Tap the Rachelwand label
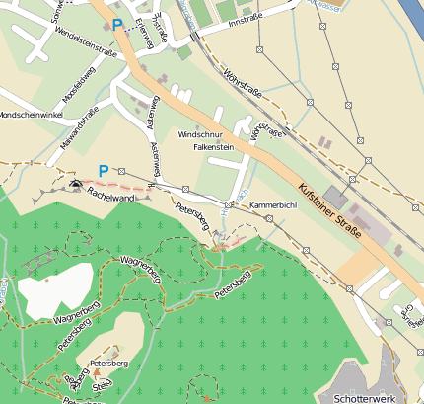(110, 198)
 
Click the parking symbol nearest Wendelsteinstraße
(117, 25)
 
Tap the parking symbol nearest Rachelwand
(104, 171)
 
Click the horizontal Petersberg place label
(109, 364)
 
